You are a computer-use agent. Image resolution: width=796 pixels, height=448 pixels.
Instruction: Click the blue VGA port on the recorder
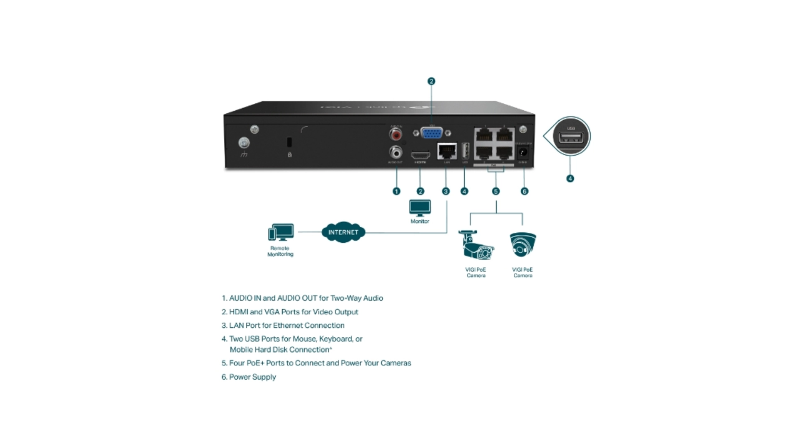point(432,133)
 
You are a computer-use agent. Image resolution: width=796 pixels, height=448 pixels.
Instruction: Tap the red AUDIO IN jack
point(396,134)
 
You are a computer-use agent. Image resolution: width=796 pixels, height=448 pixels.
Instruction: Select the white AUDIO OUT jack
point(396,152)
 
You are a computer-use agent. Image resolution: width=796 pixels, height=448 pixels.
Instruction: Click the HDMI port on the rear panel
point(420,155)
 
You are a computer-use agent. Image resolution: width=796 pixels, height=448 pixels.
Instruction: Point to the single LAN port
point(447,151)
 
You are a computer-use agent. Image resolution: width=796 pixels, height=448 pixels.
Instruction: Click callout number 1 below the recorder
point(396,191)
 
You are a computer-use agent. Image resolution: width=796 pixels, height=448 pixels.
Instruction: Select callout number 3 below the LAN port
point(446,191)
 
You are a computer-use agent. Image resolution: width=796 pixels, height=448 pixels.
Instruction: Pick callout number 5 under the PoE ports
point(496,191)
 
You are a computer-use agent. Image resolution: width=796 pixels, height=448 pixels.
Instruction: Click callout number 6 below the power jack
point(524,191)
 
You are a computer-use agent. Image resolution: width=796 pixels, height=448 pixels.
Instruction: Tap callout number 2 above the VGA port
point(431,81)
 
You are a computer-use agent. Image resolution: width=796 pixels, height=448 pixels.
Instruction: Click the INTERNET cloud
point(343,232)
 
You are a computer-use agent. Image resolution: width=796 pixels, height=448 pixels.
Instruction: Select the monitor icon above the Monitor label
point(420,208)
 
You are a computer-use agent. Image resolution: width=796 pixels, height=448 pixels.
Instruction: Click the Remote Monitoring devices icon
point(281,233)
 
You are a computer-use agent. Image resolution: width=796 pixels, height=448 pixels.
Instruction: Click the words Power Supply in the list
point(252,377)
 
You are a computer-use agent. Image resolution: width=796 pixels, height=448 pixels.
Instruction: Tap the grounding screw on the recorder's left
point(244,144)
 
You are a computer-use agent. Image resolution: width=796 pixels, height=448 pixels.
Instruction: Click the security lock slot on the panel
point(289,142)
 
